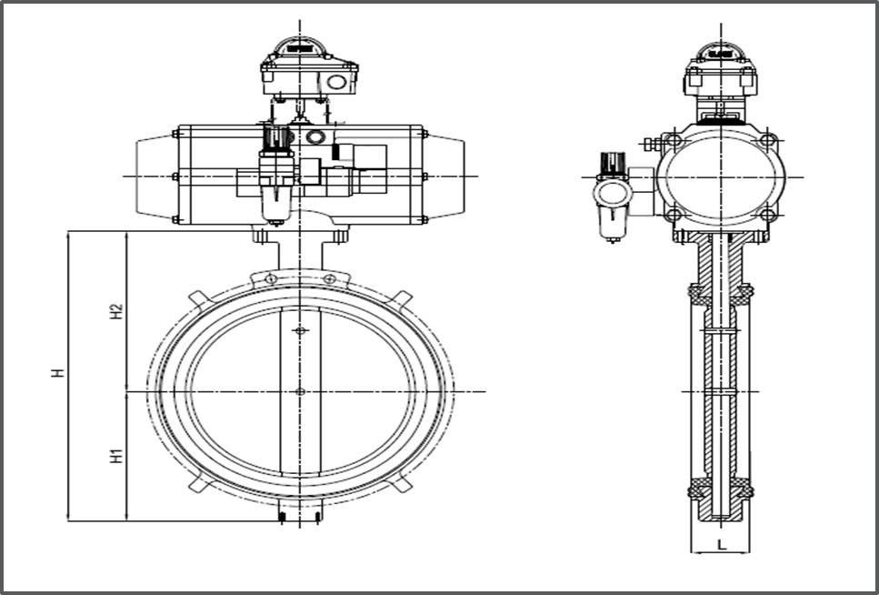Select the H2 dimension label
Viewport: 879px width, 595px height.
coord(115,311)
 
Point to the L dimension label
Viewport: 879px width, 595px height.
coord(720,544)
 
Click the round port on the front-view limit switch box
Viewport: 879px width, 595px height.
coord(338,82)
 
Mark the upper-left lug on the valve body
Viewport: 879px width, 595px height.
coord(197,297)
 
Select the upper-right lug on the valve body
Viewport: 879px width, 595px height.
coord(402,297)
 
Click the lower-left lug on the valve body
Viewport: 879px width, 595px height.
coord(197,483)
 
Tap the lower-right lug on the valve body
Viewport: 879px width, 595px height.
coord(402,483)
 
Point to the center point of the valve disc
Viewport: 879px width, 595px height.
coord(300,391)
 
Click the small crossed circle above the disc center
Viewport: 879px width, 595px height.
coord(300,330)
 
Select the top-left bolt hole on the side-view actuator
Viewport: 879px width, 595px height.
coord(673,141)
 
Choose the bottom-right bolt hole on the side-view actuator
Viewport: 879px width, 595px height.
coord(768,215)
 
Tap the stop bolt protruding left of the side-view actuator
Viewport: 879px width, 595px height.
coord(650,144)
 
